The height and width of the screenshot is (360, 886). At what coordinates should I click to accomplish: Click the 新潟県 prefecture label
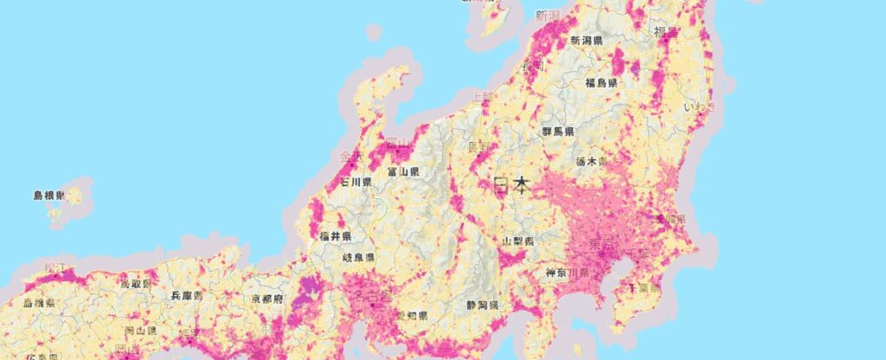(x=587, y=41)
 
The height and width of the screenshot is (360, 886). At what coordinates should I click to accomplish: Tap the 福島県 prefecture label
(x=600, y=83)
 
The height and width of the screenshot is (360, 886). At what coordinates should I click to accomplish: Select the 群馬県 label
(x=558, y=131)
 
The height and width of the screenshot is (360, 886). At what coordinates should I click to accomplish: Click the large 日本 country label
(x=512, y=185)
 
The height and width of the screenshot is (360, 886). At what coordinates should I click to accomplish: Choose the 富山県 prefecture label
(x=403, y=172)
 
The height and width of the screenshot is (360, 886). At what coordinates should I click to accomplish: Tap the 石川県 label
(x=356, y=183)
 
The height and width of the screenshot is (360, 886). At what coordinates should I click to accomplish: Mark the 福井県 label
(x=334, y=235)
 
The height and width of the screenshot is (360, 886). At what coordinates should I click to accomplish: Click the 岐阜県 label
(x=358, y=258)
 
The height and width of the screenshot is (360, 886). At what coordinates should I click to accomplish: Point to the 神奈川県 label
(x=567, y=273)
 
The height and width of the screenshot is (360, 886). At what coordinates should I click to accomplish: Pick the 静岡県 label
(x=482, y=305)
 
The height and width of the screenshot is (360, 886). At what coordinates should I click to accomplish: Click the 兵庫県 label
(x=188, y=295)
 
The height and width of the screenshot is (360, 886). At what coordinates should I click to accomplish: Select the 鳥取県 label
(x=135, y=283)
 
